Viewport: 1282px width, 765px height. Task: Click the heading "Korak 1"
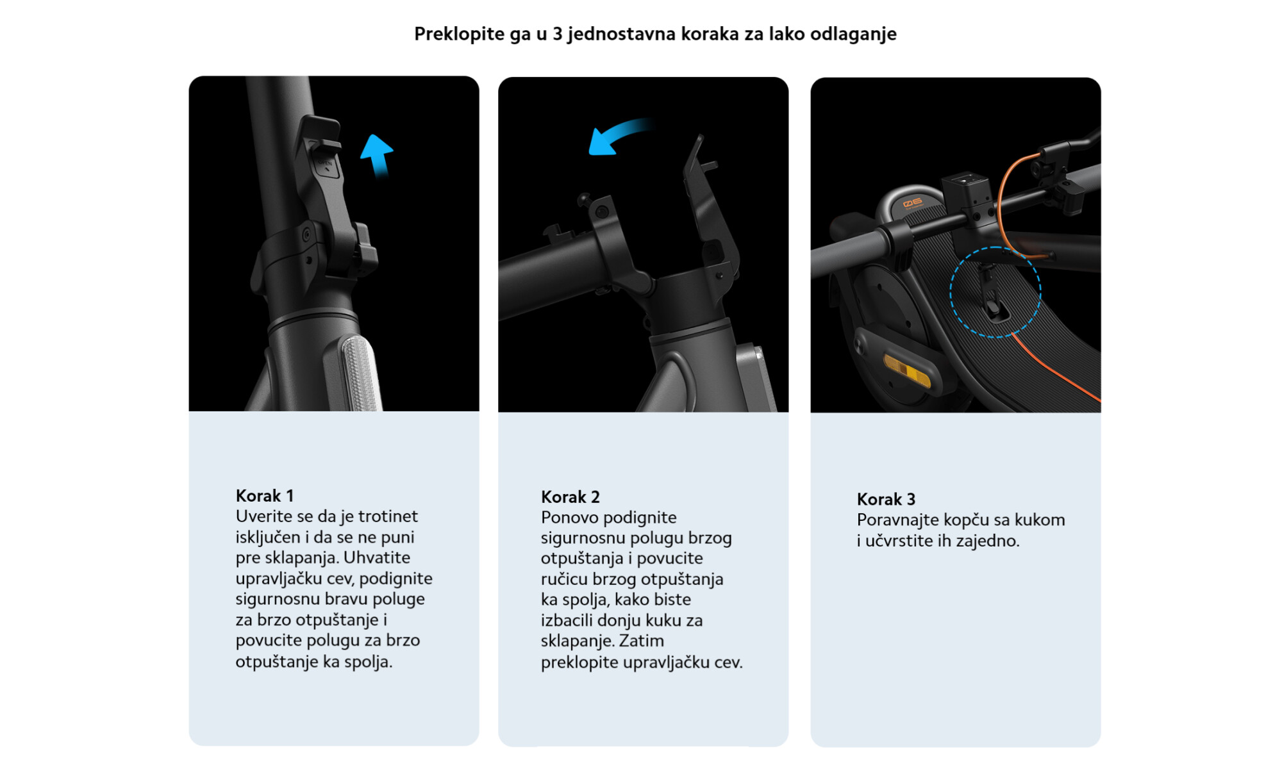tap(265, 496)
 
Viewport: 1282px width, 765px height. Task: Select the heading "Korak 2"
tap(570, 497)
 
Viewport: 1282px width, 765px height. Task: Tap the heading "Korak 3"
tap(886, 499)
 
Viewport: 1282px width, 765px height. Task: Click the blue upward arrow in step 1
tap(377, 156)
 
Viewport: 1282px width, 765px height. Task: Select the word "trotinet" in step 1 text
tap(388, 516)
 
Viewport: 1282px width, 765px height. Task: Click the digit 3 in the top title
tap(557, 34)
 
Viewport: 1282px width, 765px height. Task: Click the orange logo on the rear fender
tap(913, 203)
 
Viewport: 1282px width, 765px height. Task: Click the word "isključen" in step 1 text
tap(268, 538)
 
